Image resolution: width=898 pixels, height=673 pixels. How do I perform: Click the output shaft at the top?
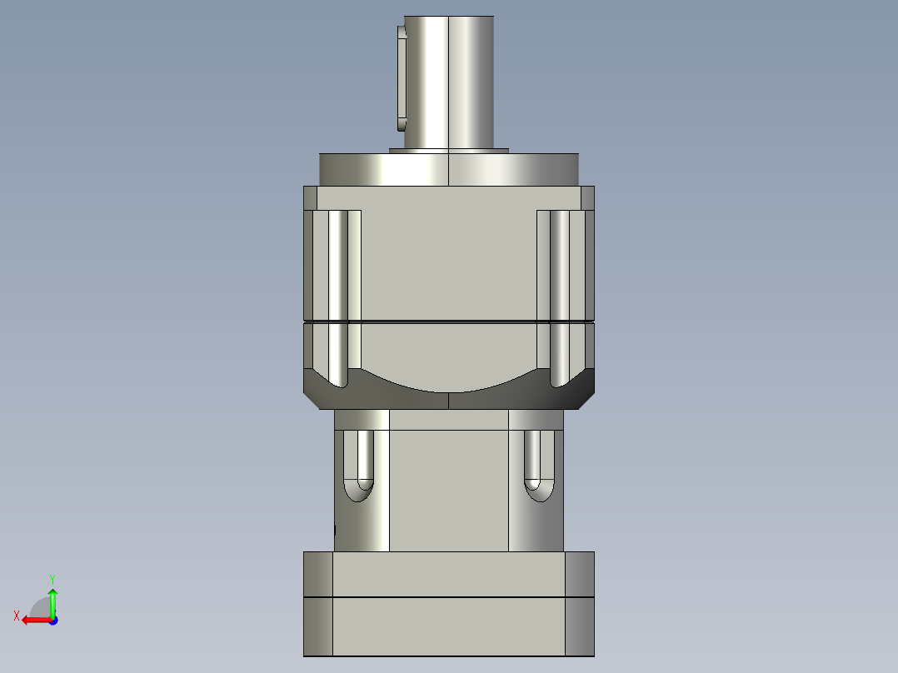click(x=450, y=79)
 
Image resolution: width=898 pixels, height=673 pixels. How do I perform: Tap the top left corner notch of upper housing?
click(x=310, y=197)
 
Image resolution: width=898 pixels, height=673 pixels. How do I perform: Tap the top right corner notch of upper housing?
click(x=587, y=197)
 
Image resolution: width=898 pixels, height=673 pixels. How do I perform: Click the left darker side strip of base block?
click(x=317, y=604)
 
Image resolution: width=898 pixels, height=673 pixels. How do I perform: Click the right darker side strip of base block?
click(x=580, y=604)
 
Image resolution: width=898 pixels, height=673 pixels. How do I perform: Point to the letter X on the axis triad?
click(x=16, y=616)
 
